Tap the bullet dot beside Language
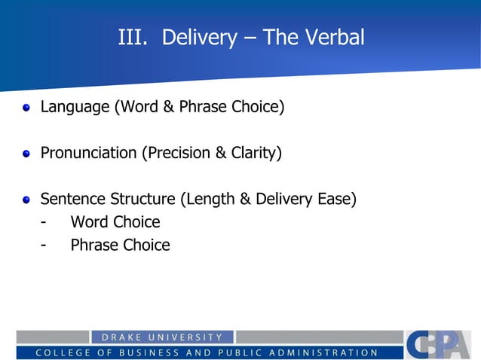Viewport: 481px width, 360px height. coord(26,108)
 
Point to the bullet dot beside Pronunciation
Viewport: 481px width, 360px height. coord(26,154)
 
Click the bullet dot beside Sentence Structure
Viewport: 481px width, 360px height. coord(26,200)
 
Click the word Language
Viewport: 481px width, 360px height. coord(75,107)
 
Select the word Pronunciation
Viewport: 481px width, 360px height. coord(88,154)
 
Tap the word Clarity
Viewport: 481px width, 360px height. coord(256,154)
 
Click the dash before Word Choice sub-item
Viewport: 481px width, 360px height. coord(45,222)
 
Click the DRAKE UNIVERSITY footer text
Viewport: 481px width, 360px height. coord(162,337)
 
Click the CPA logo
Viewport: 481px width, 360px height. coord(437,344)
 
